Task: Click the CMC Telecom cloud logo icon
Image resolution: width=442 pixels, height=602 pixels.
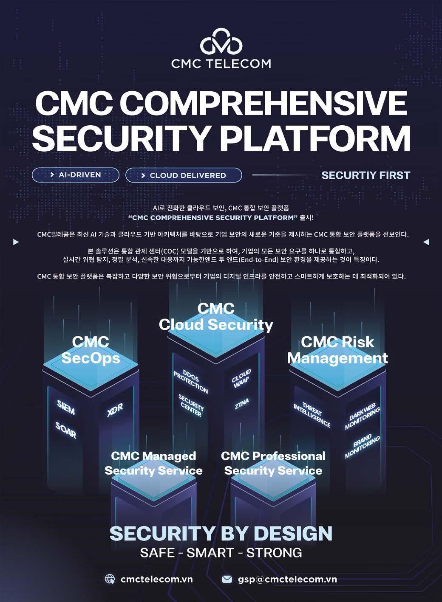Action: point(221,42)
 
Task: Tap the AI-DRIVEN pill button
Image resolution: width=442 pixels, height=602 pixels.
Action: point(76,175)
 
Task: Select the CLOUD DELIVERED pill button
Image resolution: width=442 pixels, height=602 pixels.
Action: point(184,175)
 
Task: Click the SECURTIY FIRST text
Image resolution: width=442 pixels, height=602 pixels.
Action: point(365,175)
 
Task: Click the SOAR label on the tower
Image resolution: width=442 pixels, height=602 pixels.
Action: point(66,430)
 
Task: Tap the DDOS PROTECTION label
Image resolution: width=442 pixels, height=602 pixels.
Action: point(191,381)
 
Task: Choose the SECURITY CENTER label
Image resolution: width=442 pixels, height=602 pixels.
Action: point(191,405)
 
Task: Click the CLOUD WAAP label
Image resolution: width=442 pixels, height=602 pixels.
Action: point(242,379)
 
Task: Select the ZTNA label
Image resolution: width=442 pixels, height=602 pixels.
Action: point(241,404)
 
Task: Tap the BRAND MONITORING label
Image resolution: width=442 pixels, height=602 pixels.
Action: point(362,446)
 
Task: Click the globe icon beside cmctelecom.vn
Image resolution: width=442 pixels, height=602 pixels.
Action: point(110,579)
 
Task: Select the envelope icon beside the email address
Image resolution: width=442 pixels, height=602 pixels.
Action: point(227,579)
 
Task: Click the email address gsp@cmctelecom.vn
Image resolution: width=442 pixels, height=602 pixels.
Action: point(287,579)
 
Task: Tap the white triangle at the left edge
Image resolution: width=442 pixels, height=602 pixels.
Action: point(16,242)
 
